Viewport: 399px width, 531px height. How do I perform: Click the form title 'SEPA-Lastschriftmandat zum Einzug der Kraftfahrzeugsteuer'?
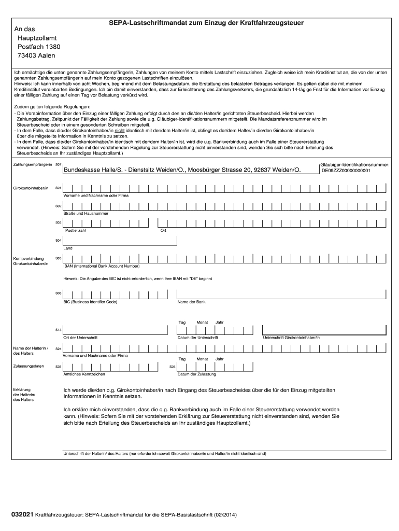tap(205, 23)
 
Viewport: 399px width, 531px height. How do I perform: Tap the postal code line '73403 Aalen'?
tap(36, 55)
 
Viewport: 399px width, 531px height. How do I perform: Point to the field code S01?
tap(59, 188)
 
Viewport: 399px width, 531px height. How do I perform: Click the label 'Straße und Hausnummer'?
tap(85, 213)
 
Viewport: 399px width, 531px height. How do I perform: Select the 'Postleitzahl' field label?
tap(75, 230)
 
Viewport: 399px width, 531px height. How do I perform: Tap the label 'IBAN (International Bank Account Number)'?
tap(102, 266)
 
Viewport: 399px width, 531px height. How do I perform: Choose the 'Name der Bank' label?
tap(192, 302)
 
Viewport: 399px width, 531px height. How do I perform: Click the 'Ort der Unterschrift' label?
tap(80, 338)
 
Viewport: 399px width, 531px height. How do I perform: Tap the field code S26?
tap(173, 367)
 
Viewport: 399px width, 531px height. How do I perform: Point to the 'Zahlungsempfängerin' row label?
tap(32, 164)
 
